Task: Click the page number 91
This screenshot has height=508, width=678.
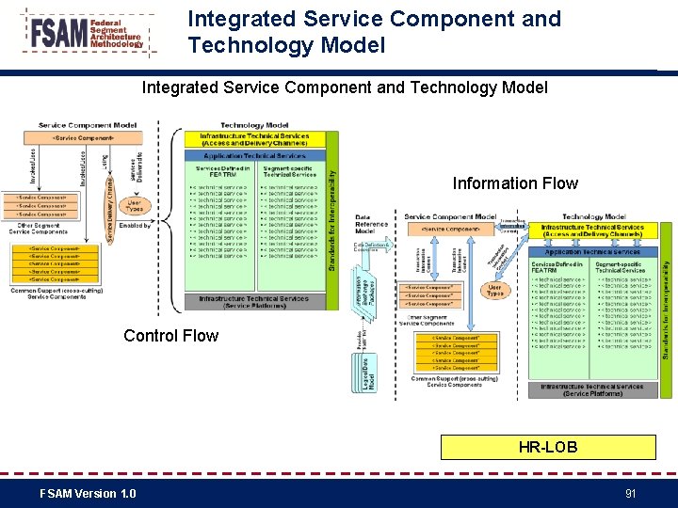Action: click(x=630, y=494)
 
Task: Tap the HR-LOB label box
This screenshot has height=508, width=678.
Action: click(x=548, y=448)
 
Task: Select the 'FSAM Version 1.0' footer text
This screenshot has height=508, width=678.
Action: click(x=88, y=494)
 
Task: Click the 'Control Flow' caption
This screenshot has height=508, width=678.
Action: click(x=170, y=336)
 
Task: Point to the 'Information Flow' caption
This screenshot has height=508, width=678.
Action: click(x=515, y=183)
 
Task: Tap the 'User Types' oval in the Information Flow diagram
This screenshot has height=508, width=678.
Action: click(x=494, y=289)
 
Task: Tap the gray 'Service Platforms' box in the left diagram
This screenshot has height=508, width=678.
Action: click(x=254, y=302)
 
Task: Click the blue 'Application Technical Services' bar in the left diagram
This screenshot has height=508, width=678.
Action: click(x=254, y=155)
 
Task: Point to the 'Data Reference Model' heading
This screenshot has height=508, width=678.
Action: click(x=371, y=223)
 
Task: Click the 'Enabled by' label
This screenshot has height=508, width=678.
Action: click(x=135, y=226)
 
